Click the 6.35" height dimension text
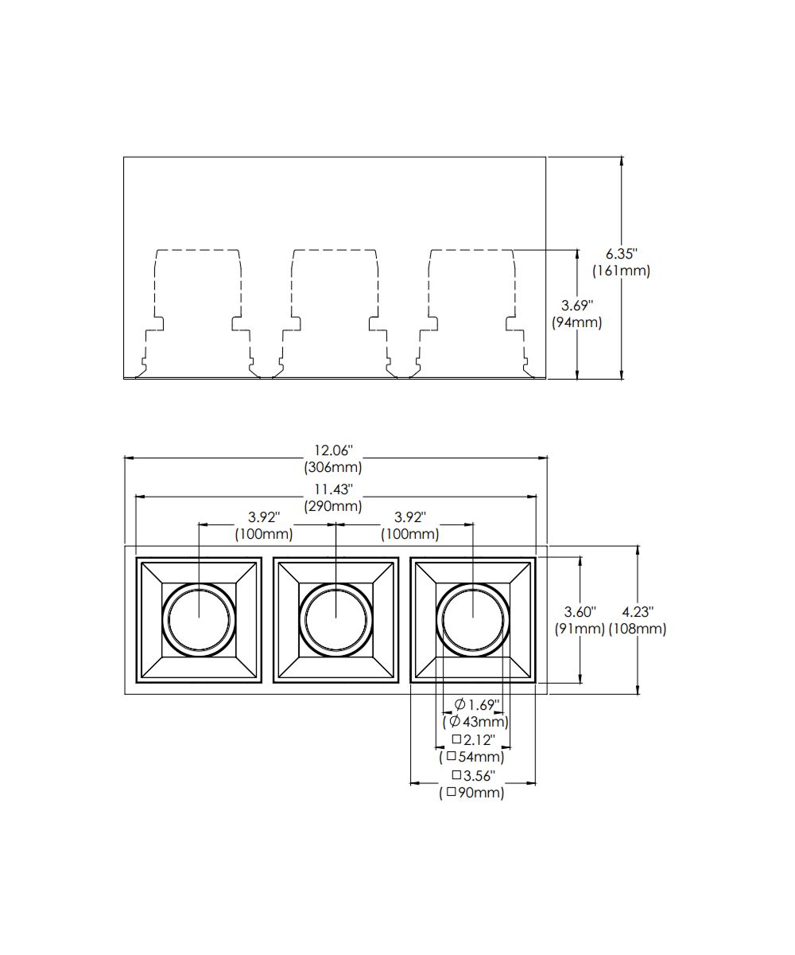pos(622,254)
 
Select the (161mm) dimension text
pos(622,271)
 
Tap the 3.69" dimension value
pos(577,305)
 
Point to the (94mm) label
pos(577,322)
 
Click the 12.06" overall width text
pos(333,450)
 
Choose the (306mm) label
pos(333,467)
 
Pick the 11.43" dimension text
pos(333,489)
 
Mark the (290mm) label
pos(333,505)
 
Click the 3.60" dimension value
pos(580,612)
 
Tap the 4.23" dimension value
pos(638,612)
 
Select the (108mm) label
pos(638,629)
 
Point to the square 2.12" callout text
pos(474,740)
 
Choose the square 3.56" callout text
pos(474,775)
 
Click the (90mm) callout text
pos(472,793)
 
